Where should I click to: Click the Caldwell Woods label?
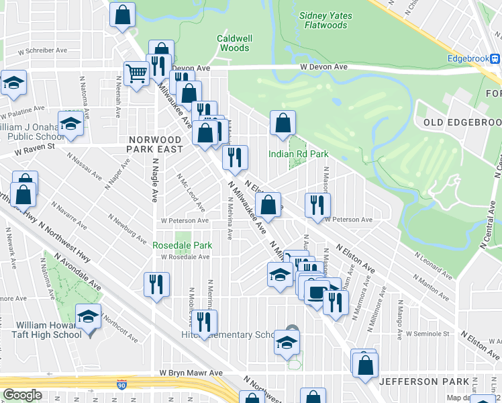[x=234, y=44]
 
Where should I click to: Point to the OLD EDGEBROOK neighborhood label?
[x=462, y=122]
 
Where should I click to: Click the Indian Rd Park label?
[x=299, y=154]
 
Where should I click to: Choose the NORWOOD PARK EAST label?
[x=156, y=144]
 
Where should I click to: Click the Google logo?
[x=22, y=396]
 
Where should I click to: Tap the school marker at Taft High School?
[x=88, y=315]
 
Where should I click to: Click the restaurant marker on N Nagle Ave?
[x=156, y=283]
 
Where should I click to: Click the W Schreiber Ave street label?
[x=43, y=50]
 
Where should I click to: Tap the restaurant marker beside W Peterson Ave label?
[x=317, y=205]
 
